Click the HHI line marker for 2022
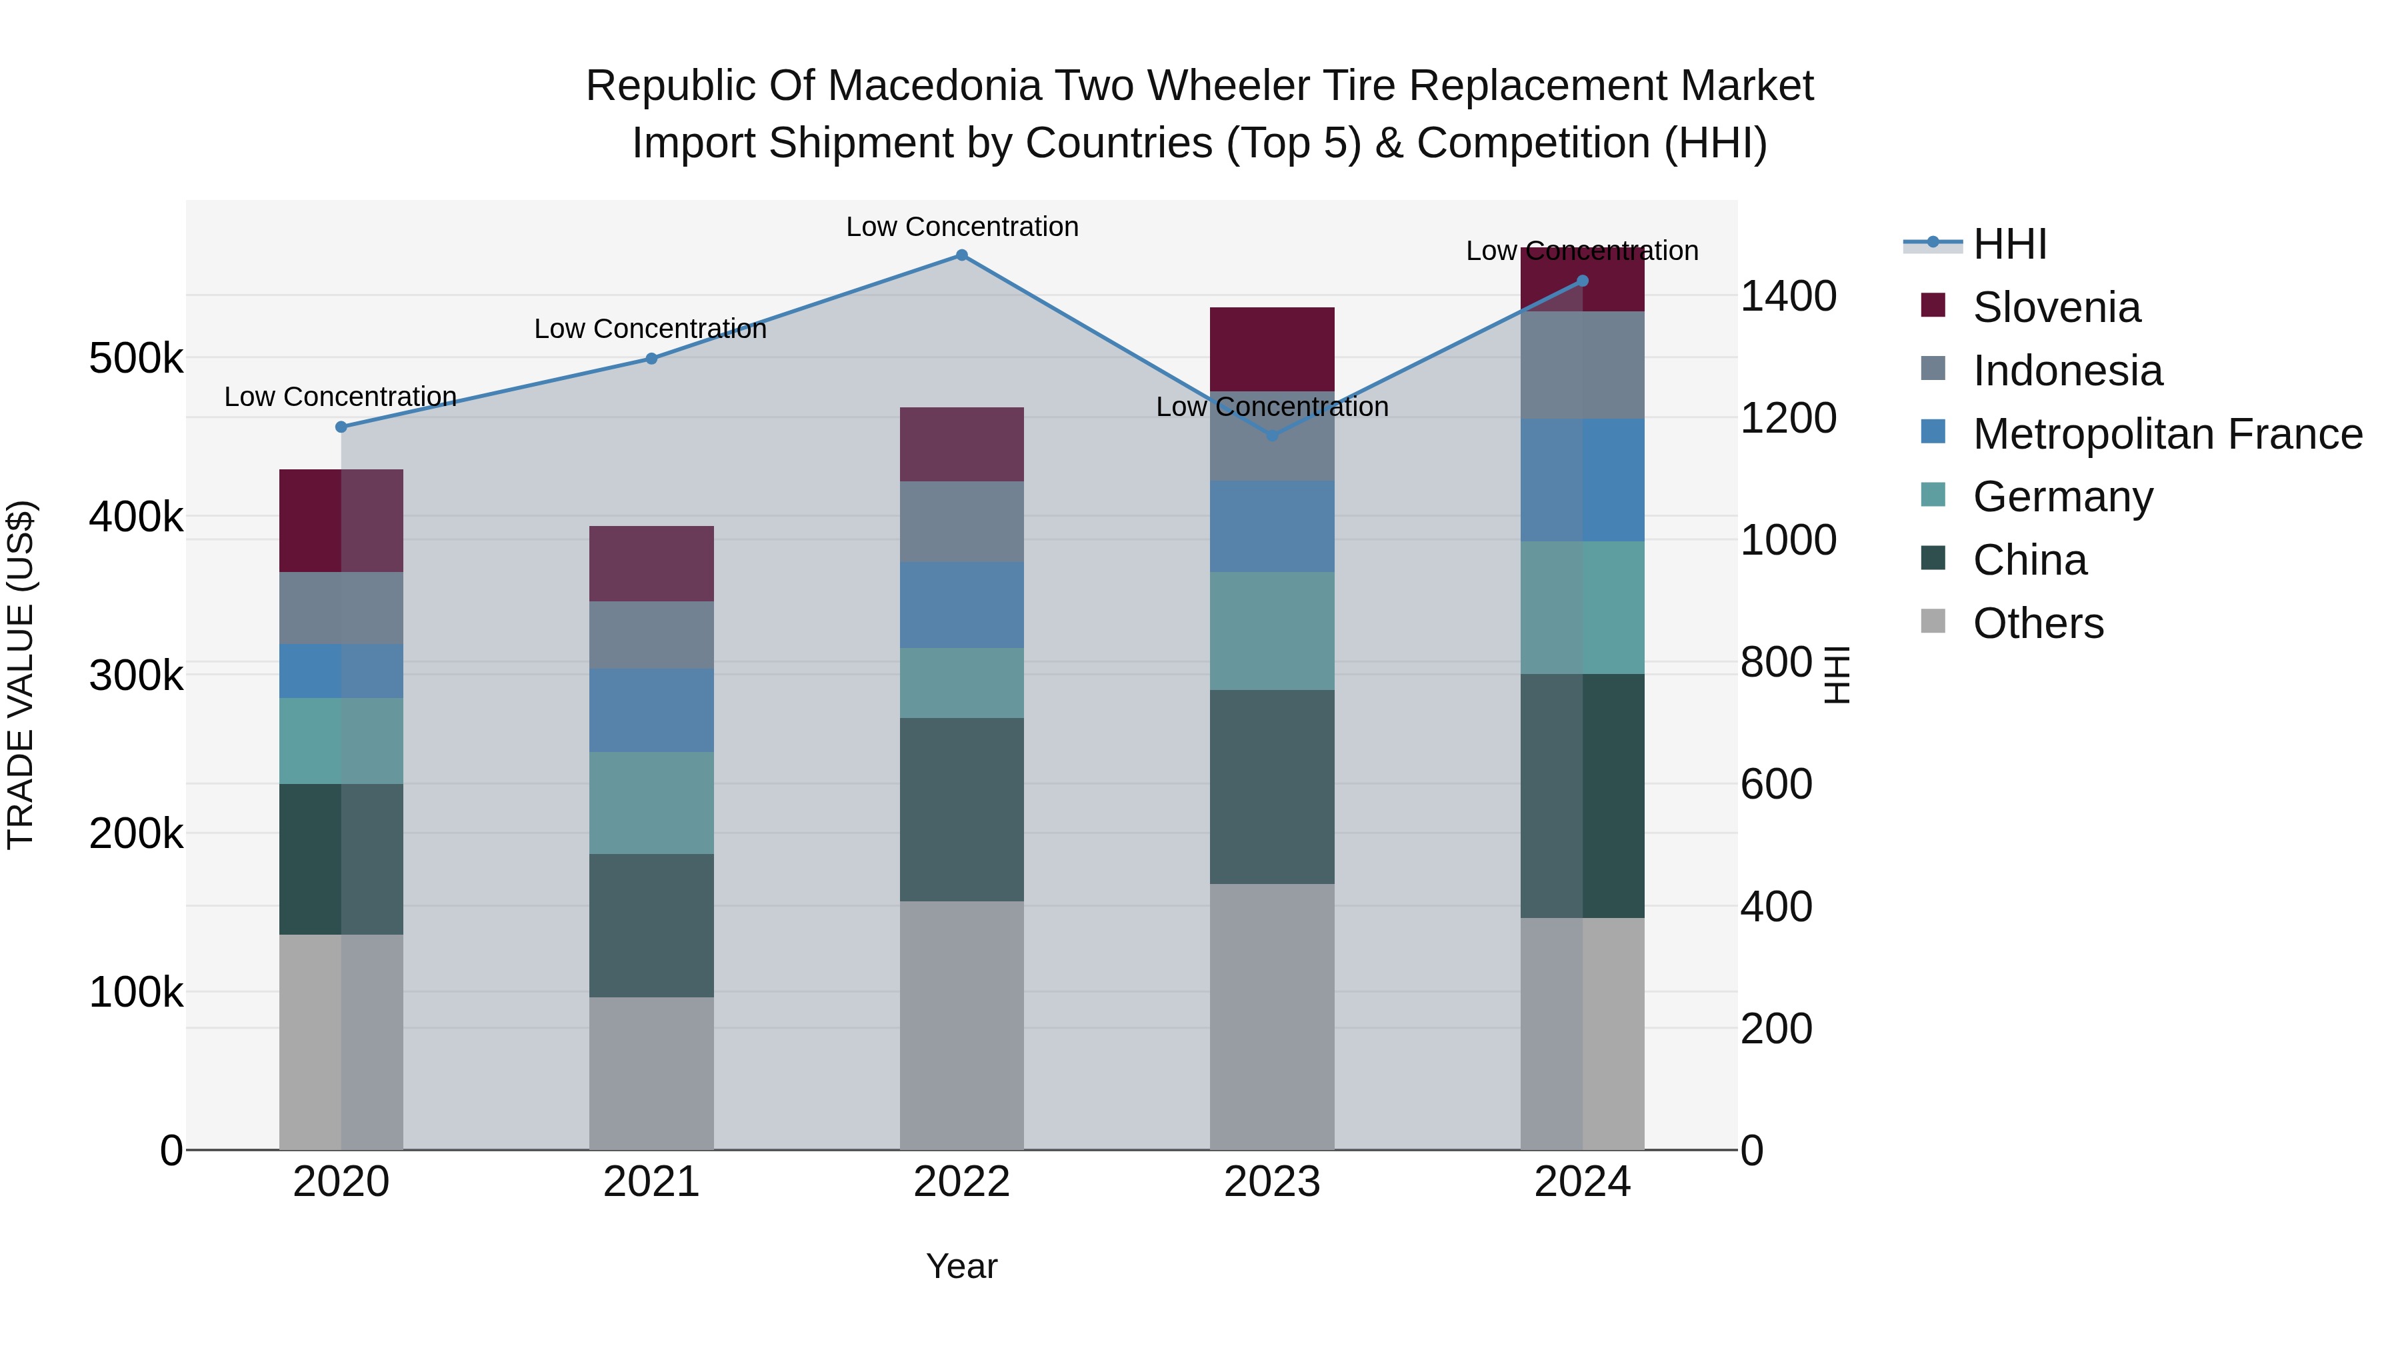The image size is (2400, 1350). [x=961, y=255]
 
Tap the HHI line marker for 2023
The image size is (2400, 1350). [x=1273, y=435]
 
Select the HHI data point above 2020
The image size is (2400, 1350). [x=341, y=427]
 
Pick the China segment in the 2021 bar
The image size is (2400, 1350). [x=651, y=925]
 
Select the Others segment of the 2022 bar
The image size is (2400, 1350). [x=961, y=1025]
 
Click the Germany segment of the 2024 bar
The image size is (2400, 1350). [x=1582, y=607]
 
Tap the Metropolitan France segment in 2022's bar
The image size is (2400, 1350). [x=961, y=605]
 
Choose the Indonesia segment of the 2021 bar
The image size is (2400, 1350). [x=651, y=635]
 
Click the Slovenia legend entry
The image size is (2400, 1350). [x=2055, y=307]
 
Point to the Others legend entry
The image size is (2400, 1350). [x=2037, y=623]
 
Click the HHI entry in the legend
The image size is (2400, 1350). [x=2009, y=244]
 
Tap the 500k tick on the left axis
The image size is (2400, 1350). [x=136, y=359]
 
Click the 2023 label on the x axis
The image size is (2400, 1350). [x=1272, y=1182]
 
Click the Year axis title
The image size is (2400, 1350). [x=961, y=1266]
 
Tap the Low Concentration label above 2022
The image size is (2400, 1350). [x=961, y=227]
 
